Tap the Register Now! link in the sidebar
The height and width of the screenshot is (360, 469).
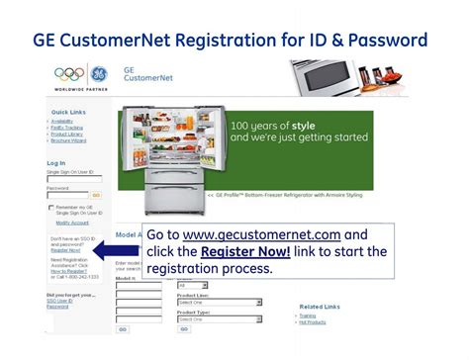pyautogui.click(x=65, y=251)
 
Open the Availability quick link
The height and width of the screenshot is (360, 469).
pyautogui.click(x=66, y=124)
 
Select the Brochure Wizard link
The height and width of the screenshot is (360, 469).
pyautogui.click(x=71, y=140)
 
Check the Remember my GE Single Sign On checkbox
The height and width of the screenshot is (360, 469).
pyautogui.click(x=51, y=208)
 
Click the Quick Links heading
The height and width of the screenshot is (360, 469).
pyautogui.click(x=68, y=113)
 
